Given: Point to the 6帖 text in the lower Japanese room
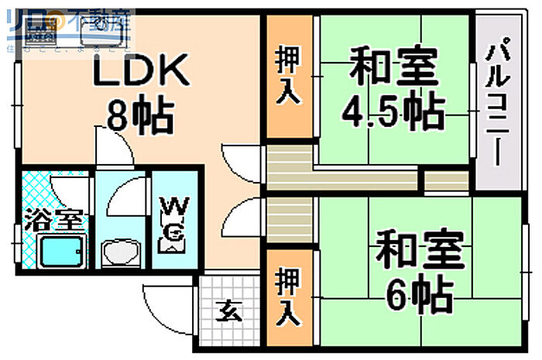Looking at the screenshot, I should click(420, 292).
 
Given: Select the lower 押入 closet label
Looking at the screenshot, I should click(289, 296).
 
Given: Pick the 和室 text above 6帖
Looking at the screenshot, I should click(420, 249).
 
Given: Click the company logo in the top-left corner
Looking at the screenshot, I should click(66, 26).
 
